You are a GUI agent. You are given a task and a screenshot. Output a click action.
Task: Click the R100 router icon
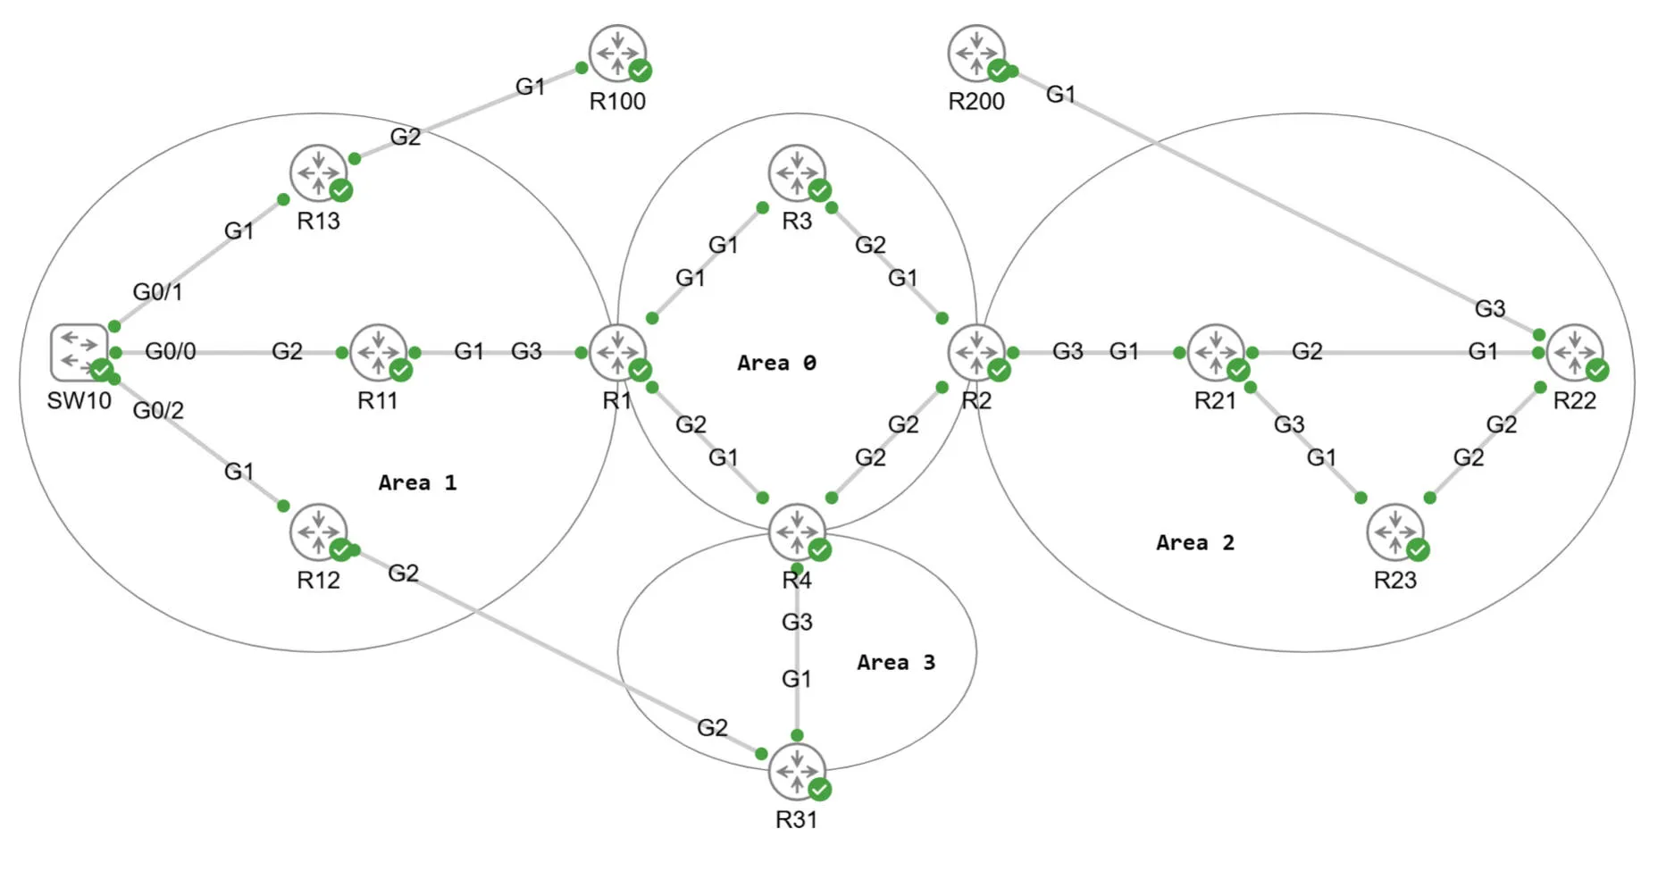point(617,53)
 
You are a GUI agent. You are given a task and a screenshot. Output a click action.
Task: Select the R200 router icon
point(976,53)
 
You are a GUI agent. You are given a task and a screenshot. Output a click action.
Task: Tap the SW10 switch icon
point(79,352)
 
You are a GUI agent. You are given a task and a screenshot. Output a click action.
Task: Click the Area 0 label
point(775,363)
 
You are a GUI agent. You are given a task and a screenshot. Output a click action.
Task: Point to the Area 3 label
point(895,662)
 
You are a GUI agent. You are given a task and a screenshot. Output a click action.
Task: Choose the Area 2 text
point(1194,542)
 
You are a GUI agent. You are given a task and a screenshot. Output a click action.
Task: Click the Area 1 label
point(416,482)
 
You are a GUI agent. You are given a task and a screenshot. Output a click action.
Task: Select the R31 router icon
point(796,771)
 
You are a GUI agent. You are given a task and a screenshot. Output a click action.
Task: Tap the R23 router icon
point(1394,532)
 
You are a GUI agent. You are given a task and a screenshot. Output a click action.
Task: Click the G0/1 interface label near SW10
point(157,291)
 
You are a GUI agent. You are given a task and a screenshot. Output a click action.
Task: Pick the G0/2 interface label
point(158,410)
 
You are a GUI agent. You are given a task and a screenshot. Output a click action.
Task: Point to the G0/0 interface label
point(170,351)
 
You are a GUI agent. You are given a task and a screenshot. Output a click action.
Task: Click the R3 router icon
point(796,172)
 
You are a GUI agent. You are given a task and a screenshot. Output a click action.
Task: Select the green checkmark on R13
point(341,190)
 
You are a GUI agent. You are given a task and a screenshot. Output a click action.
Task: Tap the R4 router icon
point(796,532)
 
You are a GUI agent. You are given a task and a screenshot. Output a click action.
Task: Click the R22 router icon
point(1574,352)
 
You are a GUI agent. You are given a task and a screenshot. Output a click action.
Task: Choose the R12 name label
point(318,580)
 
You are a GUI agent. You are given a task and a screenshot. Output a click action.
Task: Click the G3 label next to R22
point(1489,308)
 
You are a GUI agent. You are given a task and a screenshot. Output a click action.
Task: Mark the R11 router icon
point(378,352)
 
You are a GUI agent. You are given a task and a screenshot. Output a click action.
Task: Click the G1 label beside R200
point(1060,94)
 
